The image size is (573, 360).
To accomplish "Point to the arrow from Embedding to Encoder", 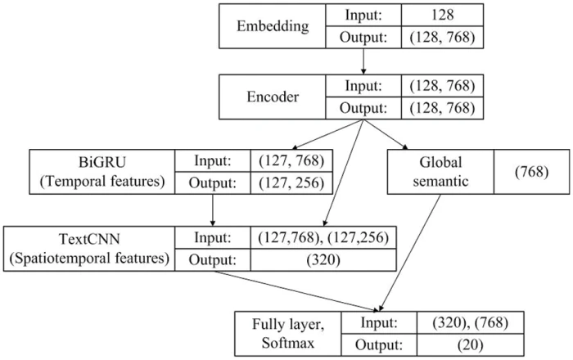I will tap(362, 60).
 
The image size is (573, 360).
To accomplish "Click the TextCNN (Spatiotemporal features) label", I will tap(91, 248).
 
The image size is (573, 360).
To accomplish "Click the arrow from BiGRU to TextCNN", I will tap(213, 213).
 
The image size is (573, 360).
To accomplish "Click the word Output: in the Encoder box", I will tap(360, 107).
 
